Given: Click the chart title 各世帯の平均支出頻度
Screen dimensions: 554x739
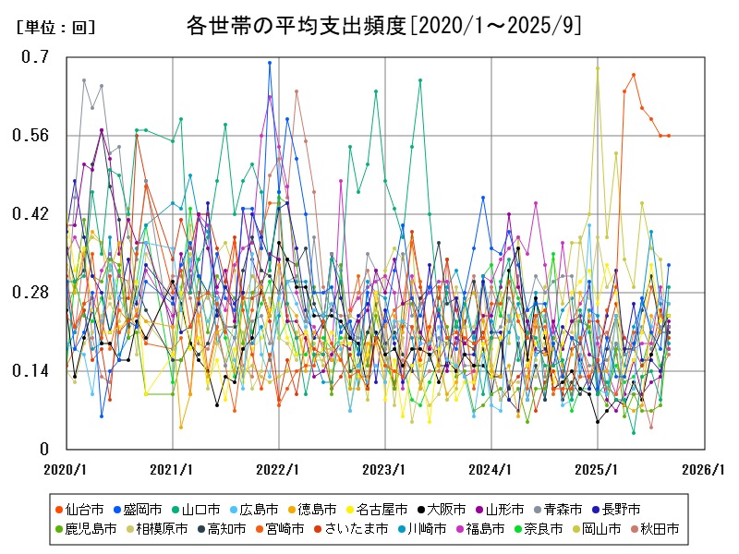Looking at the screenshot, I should pos(369,25).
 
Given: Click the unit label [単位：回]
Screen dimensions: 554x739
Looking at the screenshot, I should pos(56,28).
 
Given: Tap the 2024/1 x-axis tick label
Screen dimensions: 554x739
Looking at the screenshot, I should pos(491,469).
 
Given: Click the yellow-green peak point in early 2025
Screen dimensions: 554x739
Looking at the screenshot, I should pos(598,67).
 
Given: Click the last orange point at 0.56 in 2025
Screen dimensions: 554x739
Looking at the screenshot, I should pos(669,136).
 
